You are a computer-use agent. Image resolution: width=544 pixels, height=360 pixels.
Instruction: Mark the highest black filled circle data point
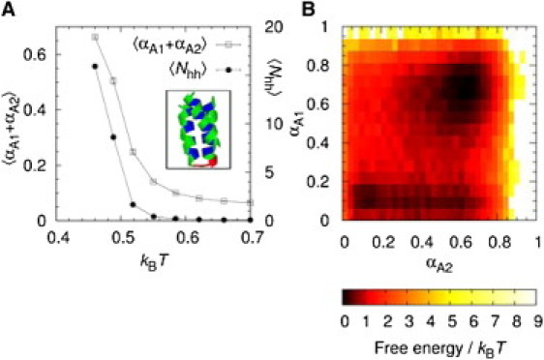pos(95,67)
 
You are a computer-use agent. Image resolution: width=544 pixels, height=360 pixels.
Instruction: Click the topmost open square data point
pos(95,37)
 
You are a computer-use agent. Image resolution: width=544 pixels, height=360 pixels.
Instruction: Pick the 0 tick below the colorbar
pos(349,321)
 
